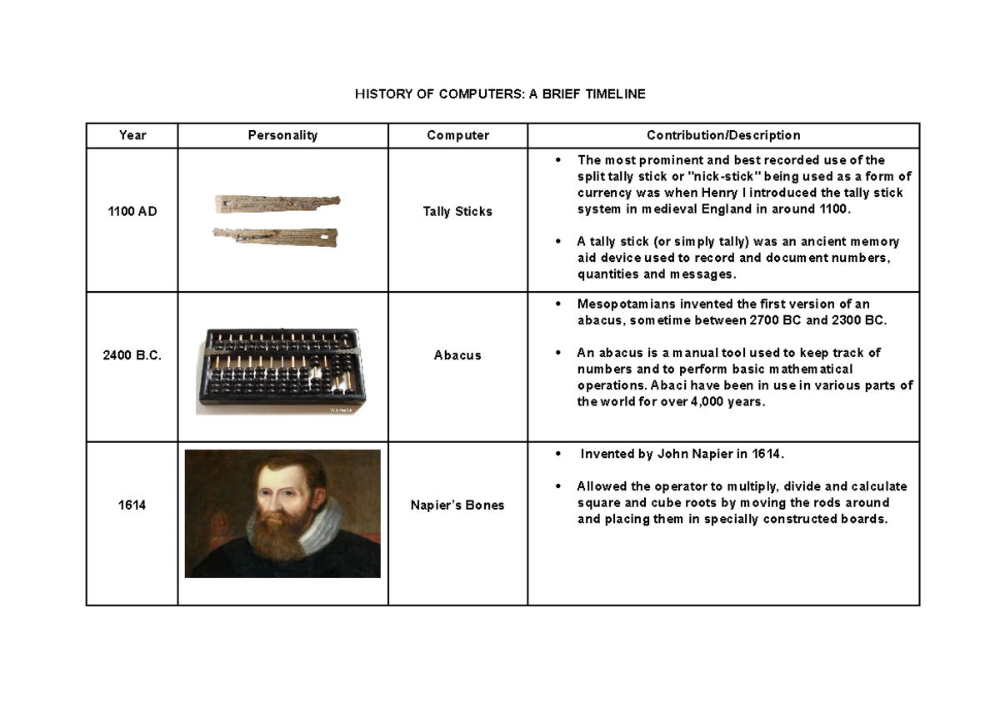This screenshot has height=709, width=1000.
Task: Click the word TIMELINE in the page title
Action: (x=615, y=94)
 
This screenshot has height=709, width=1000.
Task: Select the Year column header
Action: (x=132, y=135)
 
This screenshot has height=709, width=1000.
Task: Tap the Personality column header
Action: (x=282, y=135)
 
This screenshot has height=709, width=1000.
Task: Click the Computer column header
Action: (x=457, y=135)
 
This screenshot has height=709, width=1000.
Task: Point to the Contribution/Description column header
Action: (x=723, y=135)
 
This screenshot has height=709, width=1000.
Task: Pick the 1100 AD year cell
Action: (x=132, y=212)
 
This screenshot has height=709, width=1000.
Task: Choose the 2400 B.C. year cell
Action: (x=132, y=355)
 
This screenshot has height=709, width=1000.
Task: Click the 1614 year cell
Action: (x=132, y=505)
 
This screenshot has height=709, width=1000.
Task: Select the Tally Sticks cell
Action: (x=457, y=212)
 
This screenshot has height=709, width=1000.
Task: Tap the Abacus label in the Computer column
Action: (x=457, y=355)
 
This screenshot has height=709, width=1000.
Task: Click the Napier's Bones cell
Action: (x=457, y=505)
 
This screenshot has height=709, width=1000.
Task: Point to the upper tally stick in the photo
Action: (x=275, y=203)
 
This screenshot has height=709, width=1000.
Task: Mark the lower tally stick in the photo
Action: (x=275, y=236)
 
